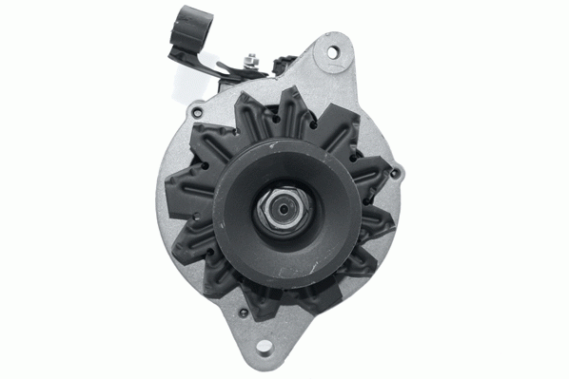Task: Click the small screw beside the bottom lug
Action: pyautogui.click(x=245, y=313)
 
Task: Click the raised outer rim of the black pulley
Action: pyautogui.click(x=228, y=171)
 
